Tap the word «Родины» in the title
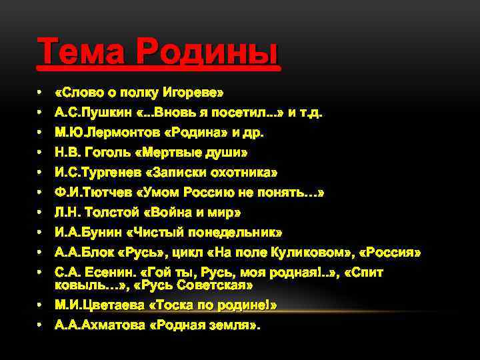coord(207,51)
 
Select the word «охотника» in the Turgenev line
coord(247,173)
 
